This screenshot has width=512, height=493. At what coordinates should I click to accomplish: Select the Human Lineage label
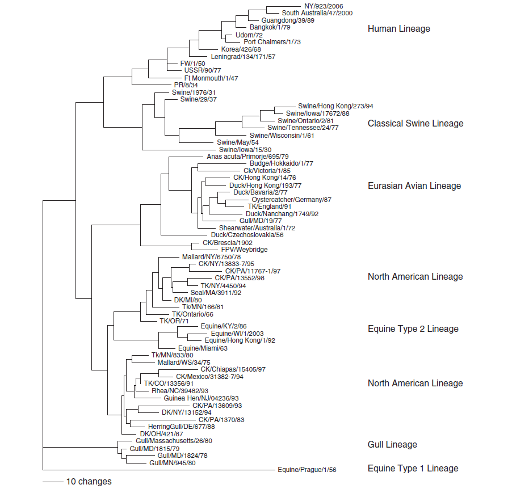tap(398, 29)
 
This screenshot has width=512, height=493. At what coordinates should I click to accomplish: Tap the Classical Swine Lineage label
tap(415, 123)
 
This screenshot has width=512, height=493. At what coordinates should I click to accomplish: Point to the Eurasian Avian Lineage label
tap(414, 186)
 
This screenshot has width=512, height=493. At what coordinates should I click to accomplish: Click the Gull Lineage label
tap(392, 445)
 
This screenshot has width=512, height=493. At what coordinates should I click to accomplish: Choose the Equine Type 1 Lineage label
tap(413, 469)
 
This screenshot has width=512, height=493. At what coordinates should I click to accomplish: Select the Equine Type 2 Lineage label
tap(413, 328)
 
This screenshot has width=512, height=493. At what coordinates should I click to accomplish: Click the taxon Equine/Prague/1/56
tap(307, 470)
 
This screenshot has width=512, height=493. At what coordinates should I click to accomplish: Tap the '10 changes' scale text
tap(89, 482)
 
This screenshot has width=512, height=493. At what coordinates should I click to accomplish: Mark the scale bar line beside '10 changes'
tap(52, 482)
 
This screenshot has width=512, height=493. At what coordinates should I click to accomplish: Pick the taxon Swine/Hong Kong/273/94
tap(335, 106)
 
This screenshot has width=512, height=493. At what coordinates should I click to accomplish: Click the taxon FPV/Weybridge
tap(244, 250)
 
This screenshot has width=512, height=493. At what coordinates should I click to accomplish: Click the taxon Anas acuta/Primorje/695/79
tap(245, 156)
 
